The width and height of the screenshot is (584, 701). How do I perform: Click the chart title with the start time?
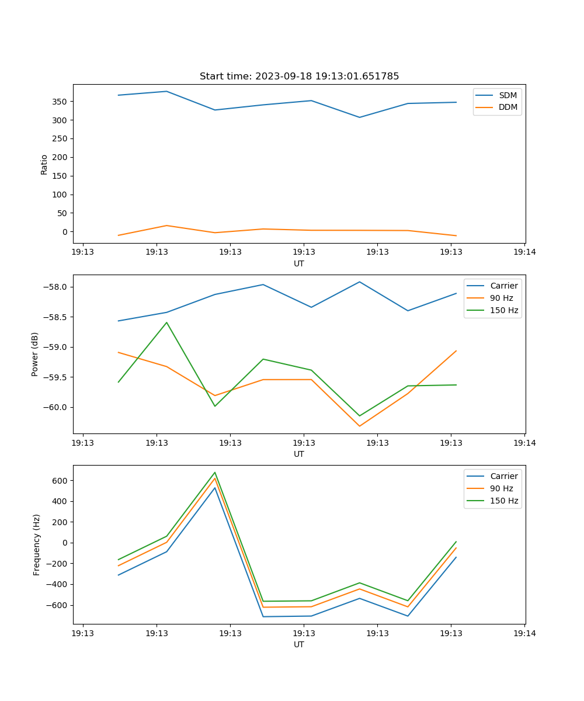pyautogui.click(x=299, y=77)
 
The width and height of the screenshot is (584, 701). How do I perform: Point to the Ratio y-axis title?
pyautogui.click(x=44, y=164)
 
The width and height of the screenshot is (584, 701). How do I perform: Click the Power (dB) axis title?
pyautogui.click(x=35, y=354)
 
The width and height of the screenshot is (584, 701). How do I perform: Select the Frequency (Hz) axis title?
pyautogui.click(x=37, y=544)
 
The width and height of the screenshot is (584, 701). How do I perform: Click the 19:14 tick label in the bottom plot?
pyautogui.click(x=524, y=633)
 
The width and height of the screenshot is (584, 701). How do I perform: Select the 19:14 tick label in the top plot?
pyautogui.click(x=524, y=252)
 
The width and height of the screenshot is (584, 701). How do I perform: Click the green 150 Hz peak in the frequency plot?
pyautogui.click(x=215, y=473)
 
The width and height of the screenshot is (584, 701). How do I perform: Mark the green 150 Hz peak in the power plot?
pyautogui.click(x=166, y=322)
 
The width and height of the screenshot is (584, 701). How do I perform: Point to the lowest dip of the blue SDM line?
pyautogui.click(x=360, y=117)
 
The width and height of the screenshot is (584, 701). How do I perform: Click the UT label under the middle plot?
pyautogui.click(x=299, y=454)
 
